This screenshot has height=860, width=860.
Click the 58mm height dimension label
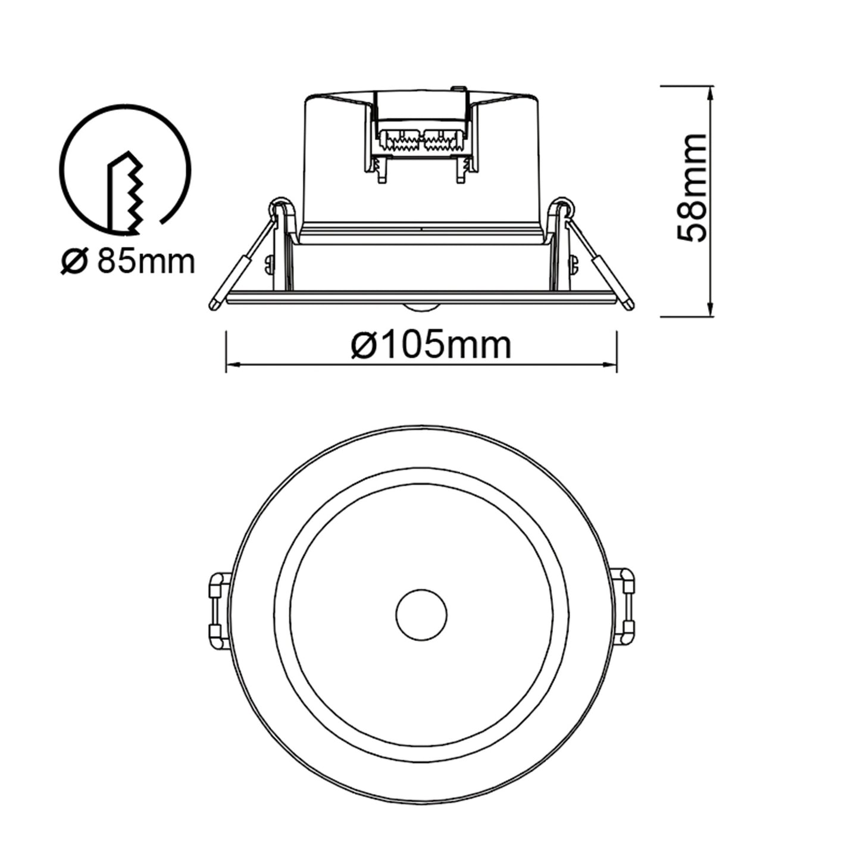click(x=692, y=187)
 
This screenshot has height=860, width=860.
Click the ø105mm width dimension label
click(x=431, y=345)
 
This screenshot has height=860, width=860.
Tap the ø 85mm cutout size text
click(x=127, y=261)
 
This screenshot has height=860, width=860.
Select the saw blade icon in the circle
click(x=125, y=192)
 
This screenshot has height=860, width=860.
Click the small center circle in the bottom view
click(x=421, y=614)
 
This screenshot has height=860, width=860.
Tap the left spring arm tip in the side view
click(x=213, y=305)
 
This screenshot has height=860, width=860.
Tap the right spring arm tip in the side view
click(x=628, y=304)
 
